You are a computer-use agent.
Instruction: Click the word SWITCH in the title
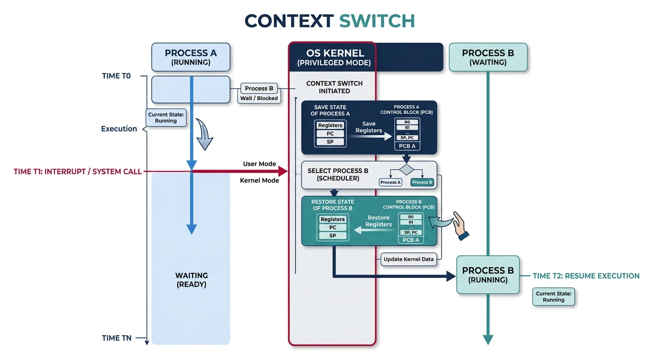[x=377, y=21]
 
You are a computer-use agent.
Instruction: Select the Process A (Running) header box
[x=190, y=57]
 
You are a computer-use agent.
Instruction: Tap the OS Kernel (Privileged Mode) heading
[x=334, y=57]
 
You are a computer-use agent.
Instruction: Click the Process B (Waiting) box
[x=487, y=57]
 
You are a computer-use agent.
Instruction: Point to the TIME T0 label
[x=116, y=76]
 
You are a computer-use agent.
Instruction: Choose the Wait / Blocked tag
[x=259, y=98]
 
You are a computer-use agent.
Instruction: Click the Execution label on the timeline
[x=119, y=129]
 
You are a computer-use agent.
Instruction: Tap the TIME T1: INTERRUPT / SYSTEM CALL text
[x=78, y=172]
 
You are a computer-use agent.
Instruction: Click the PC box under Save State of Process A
[x=330, y=134]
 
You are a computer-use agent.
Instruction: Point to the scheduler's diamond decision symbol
[x=406, y=169]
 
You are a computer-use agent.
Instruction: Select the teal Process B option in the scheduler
[x=422, y=182]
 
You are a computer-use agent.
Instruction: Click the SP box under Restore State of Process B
[x=332, y=236]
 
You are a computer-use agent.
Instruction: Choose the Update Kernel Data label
[x=408, y=259]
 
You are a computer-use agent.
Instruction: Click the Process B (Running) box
[x=487, y=275]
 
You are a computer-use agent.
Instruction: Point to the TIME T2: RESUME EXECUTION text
[x=586, y=276]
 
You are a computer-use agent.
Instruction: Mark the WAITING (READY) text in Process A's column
[x=191, y=280]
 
